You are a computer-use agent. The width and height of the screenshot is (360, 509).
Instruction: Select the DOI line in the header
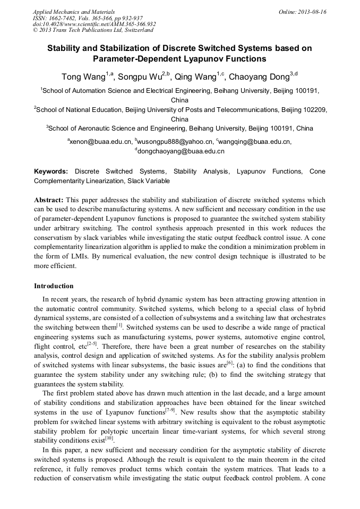coord(94,24)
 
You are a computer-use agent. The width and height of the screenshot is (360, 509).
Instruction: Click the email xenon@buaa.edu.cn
coord(100,142)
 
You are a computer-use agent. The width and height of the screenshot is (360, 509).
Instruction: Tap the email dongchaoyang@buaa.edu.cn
coord(181,151)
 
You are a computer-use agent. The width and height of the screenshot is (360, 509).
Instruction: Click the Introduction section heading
coord(54,286)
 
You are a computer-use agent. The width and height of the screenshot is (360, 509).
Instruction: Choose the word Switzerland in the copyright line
coord(134,30)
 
